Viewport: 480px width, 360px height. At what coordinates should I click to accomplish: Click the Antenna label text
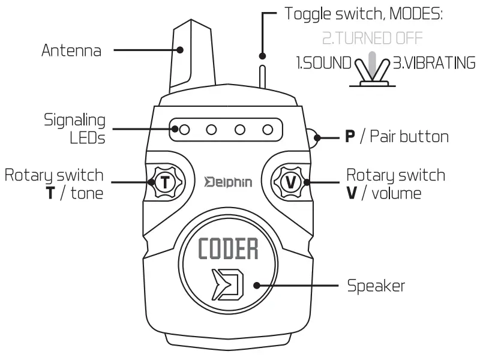[x=71, y=50]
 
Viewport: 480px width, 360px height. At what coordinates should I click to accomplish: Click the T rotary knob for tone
[x=164, y=181]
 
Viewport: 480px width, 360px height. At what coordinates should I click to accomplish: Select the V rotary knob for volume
[x=290, y=181]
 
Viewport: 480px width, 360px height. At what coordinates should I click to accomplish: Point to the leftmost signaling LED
[x=185, y=128]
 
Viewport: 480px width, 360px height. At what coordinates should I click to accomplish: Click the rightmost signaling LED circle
[x=268, y=128]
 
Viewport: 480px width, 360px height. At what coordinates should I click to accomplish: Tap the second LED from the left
[x=212, y=128]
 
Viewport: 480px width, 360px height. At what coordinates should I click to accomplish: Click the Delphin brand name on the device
[x=228, y=181]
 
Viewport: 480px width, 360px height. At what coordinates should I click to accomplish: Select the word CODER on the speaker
[x=228, y=249]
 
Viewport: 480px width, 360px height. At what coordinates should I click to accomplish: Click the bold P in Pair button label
[x=350, y=137]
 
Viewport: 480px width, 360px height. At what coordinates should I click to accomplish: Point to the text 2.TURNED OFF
[x=372, y=39]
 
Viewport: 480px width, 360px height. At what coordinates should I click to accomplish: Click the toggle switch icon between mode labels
[x=373, y=71]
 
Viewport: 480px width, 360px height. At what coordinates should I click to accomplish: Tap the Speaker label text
[x=376, y=286]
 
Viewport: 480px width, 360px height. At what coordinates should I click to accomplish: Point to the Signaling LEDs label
[x=75, y=129]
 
